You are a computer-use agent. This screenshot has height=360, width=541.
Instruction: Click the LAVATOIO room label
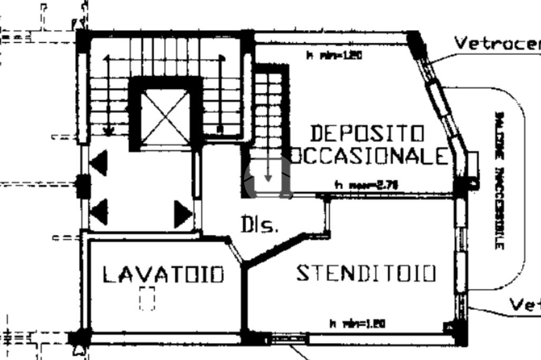click(x=163, y=274)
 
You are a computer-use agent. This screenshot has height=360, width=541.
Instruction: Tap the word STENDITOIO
click(x=366, y=273)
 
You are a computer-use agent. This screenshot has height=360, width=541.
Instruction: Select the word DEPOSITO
click(x=367, y=134)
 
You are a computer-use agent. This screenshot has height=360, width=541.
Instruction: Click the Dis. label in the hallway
click(x=259, y=225)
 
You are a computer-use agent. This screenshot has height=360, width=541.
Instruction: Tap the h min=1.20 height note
click(x=334, y=54)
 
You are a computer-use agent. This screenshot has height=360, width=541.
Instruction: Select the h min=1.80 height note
click(x=357, y=324)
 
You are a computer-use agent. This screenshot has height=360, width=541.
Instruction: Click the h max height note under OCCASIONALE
click(x=366, y=185)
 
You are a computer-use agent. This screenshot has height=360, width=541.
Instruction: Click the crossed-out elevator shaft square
click(x=165, y=117)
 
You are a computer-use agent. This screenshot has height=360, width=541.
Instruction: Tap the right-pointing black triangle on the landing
click(x=183, y=214)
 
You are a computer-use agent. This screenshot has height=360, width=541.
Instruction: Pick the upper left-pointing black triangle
click(x=99, y=163)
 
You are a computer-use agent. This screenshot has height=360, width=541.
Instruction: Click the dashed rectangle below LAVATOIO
click(x=147, y=298)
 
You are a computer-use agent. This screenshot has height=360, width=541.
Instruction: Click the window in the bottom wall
click(x=288, y=337)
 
